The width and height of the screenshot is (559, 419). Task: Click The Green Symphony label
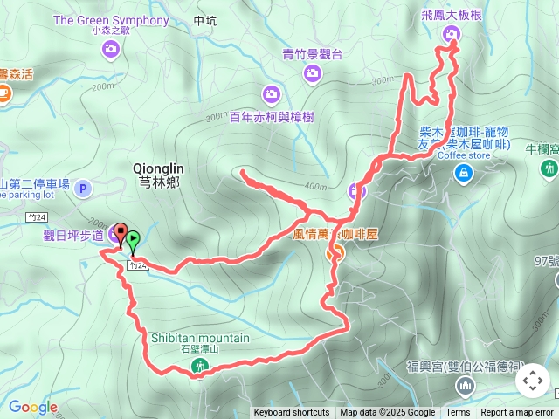click(x=111, y=19)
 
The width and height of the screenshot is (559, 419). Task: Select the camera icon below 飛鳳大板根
click(x=452, y=34)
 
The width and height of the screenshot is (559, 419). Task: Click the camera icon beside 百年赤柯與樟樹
click(x=271, y=93)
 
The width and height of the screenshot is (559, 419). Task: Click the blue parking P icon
click(x=83, y=188)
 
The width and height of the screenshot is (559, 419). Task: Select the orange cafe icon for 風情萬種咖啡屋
click(x=335, y=253)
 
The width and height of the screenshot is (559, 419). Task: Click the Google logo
click(x=33, y=407)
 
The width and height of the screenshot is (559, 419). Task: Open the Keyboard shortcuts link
click(x=292, y=413)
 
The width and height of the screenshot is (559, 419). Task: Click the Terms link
click(x=458, y=413)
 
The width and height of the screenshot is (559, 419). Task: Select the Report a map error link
click(x=517, y=413)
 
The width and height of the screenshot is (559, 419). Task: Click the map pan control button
click(x=532, y=381)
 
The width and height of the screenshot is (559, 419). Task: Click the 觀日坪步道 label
click(x=73, y=234)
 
